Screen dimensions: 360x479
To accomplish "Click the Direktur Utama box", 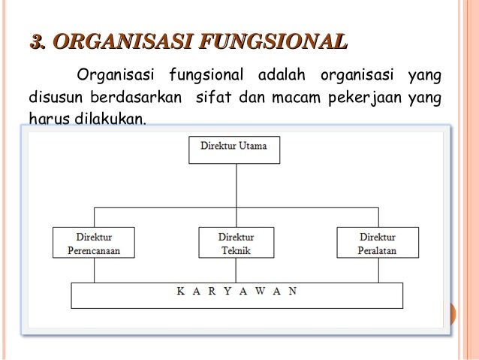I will click(233, 149).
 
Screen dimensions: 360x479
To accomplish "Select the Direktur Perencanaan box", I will click(94, 242).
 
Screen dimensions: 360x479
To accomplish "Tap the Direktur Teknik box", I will click(235, 242).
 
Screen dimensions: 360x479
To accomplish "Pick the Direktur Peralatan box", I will click(376, 242).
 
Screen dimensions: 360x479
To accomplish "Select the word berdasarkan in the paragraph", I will click(136, 98).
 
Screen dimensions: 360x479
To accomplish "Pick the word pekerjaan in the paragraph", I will click(362, 98).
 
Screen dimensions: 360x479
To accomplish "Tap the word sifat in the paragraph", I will click(210, 98).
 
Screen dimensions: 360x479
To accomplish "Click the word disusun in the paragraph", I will click(54, 98).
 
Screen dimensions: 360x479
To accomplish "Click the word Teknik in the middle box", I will click(236, 250).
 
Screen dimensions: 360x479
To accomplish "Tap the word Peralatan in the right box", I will click(377, 250).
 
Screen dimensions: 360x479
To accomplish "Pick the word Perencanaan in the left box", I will click(95, 250).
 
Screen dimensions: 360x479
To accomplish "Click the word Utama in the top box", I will click(252, 145).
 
